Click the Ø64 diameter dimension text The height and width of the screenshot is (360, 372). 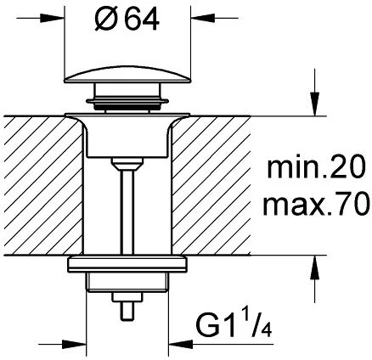point(127,20)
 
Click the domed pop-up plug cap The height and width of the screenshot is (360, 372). point(127,75)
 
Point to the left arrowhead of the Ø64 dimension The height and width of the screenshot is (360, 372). point(53,18)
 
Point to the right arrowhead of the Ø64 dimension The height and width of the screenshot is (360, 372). point(204,18)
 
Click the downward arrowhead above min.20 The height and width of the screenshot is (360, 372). point(314,104)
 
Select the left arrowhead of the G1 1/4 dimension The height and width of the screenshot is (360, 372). point(74,345)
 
